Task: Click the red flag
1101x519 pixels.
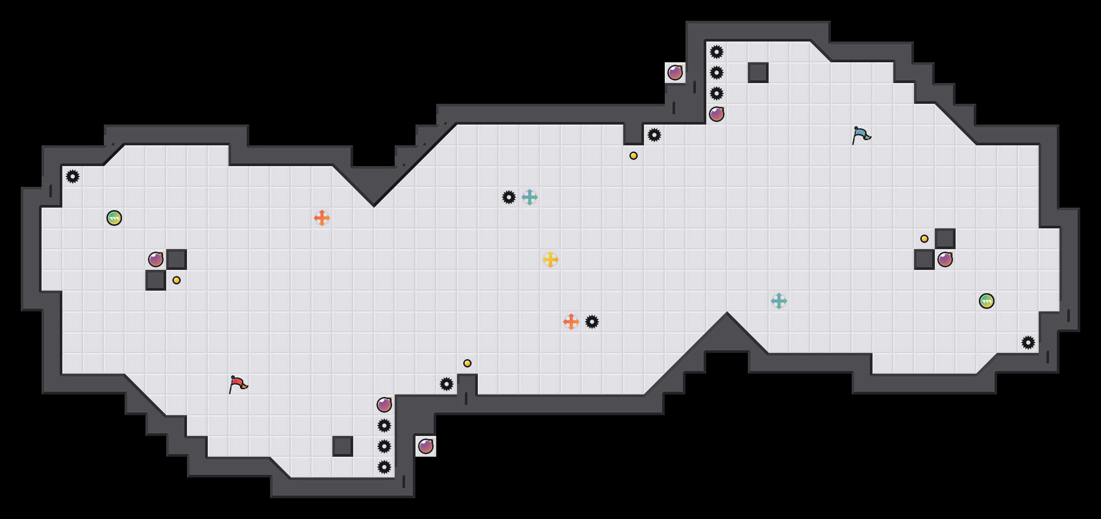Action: [x=238, y=384]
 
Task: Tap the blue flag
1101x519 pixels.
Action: [x=861, y=135]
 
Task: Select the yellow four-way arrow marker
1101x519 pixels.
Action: [x=550, y=259]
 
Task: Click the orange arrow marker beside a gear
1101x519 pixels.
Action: [x=571, y=322]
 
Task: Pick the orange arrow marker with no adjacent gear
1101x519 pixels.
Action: [x=322, y=218]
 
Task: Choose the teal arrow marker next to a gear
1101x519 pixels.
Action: [x=530, y=197]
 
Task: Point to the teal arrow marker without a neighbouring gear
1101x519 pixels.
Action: [x=779, y=301]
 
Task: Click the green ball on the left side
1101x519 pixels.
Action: [x=114, y=218]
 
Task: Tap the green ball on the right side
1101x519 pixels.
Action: [x=987, y=301]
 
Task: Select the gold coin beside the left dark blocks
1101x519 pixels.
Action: [x=177, y=280]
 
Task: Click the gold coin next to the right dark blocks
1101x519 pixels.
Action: [x=924, y=239]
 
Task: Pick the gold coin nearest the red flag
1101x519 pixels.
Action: [x=467, y=363]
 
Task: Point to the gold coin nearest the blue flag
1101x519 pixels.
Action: [x=634, y=156]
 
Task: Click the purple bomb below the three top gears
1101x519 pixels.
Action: [x=717, y=114]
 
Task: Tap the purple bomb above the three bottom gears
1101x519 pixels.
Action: [x=384, y=405]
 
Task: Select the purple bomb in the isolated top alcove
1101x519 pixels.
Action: [x=675, y=73]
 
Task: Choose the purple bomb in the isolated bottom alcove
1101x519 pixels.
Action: [x=426, y=446]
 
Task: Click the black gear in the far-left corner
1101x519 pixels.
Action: [x=73, y=176]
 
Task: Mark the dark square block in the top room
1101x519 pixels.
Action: [x=758, y=73]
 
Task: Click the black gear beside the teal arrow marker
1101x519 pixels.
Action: [x=509, y=197]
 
